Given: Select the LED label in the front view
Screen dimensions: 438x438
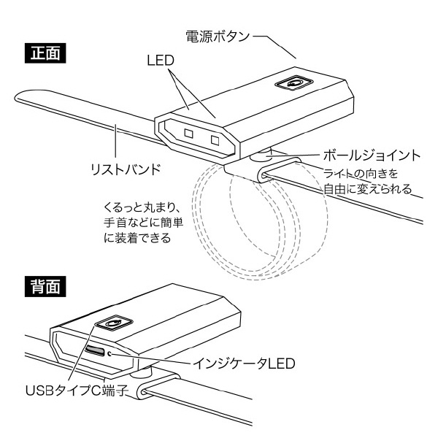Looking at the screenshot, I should click(160, 61).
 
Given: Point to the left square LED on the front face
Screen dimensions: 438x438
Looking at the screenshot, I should click(188, 133).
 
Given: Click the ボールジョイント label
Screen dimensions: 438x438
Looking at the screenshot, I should click(371, 155).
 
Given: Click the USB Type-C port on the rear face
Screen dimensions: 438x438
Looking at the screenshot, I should click(94, 351).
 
